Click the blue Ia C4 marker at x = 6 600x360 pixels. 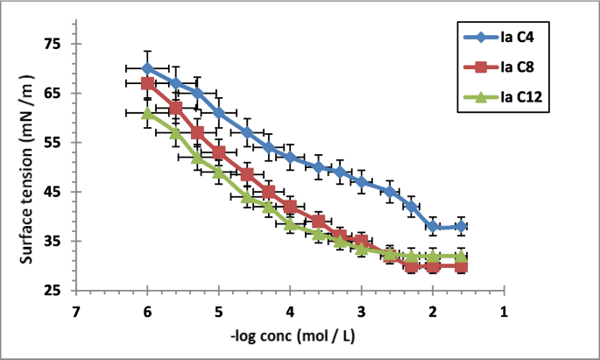pyautogui.click(x=147, y=68)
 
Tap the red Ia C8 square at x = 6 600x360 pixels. pyautogui.click(x=148, y=83)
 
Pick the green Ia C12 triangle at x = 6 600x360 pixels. pyautogui.click(x=148, y=113)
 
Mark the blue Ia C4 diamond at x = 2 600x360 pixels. pyautogui.click(x=433, y=226)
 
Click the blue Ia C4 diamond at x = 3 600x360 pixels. pyautogui.click(x=361, y=181)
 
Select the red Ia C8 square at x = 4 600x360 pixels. pyautogui.click(x=290, y=207)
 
